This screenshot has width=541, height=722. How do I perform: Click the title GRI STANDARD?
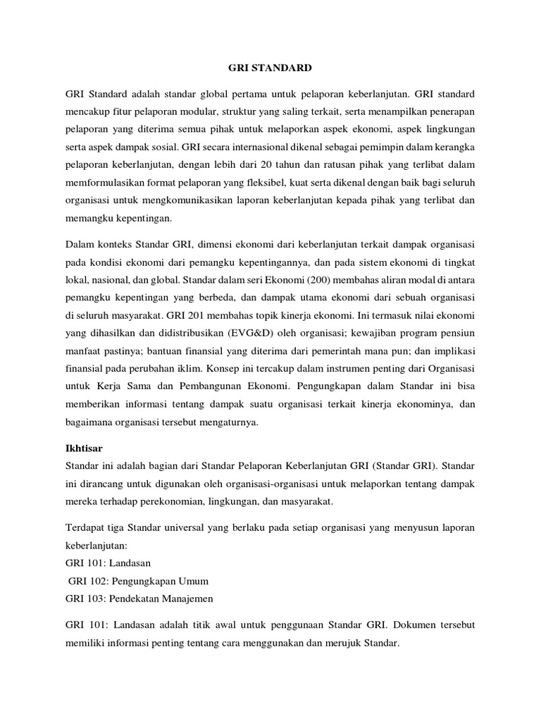click(270, 68)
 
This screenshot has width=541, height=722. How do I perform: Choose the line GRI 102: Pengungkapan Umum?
click(138, 581)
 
